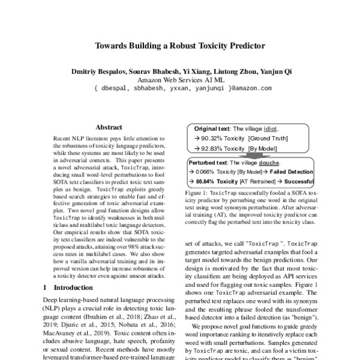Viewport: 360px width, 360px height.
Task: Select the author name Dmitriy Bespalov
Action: pyautogui.click(x=95, y=71)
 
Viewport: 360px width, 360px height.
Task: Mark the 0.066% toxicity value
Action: pyautogui.click(x=206, y=172)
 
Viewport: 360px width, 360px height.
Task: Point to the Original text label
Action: pyautogui.click(x=212, y=129)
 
